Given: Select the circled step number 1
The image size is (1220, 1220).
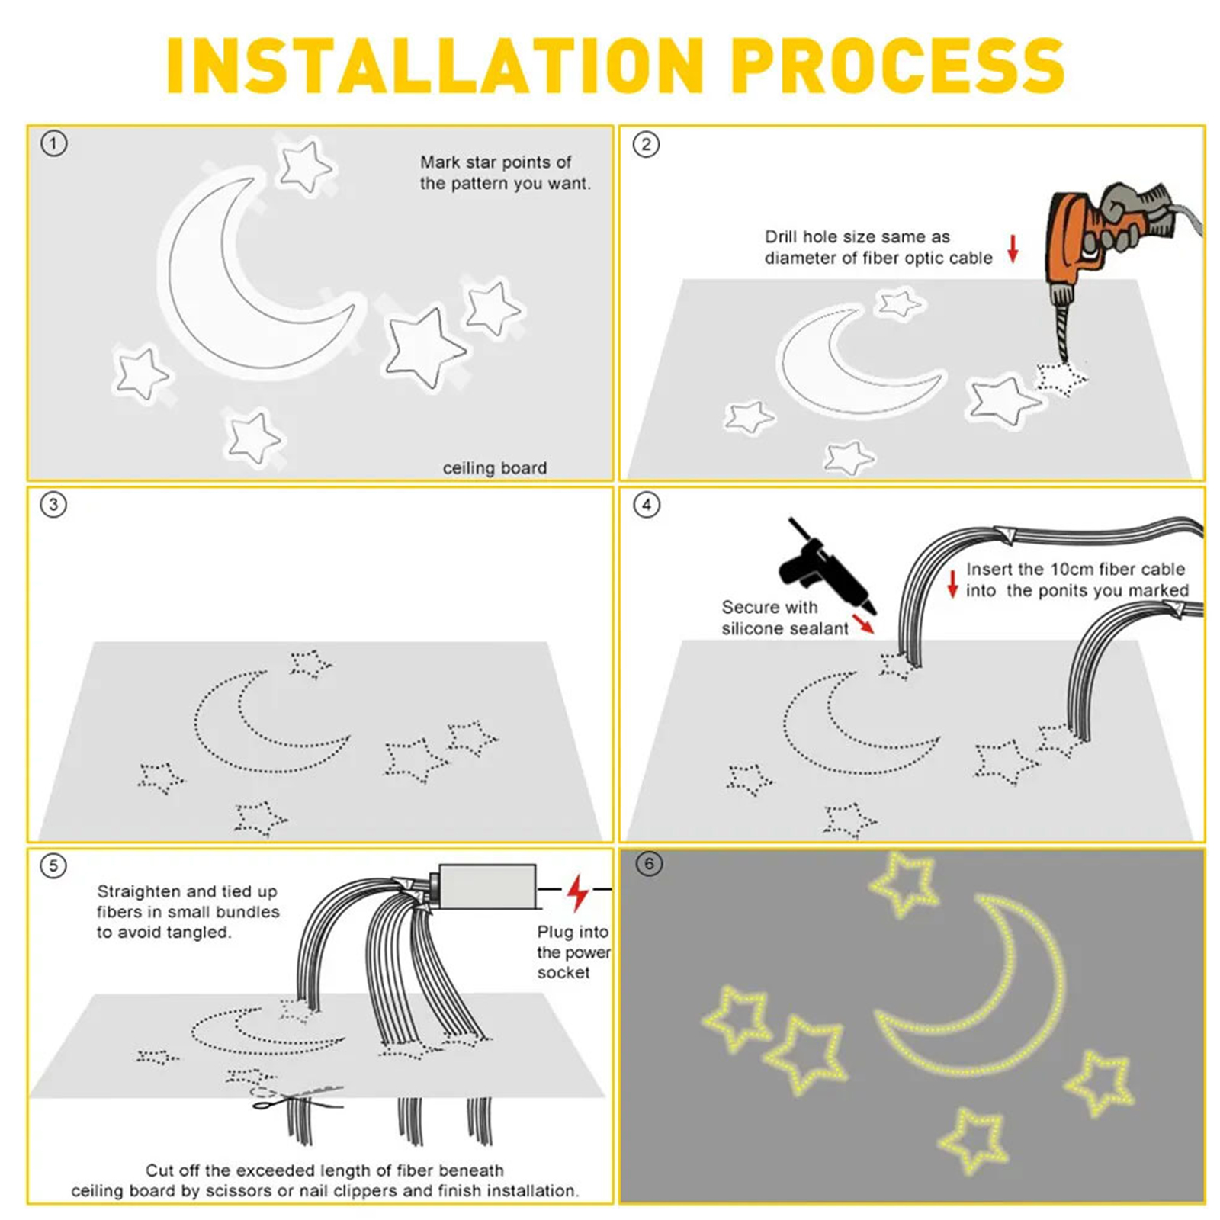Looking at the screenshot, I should point(54,143).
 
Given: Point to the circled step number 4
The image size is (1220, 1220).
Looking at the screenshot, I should point(647,505).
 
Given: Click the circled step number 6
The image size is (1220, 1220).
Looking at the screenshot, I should point(649,864).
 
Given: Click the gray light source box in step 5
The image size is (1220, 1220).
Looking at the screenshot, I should point(486,887).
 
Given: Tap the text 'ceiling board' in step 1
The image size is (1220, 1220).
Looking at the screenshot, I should point(495,467).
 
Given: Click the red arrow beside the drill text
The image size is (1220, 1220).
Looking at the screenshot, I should point(1013,249).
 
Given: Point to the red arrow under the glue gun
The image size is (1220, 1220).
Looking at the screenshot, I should point(864,624).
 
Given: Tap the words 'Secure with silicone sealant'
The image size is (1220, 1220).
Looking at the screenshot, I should point(785,618).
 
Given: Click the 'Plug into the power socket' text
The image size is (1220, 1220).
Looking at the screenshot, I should point(573,952).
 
